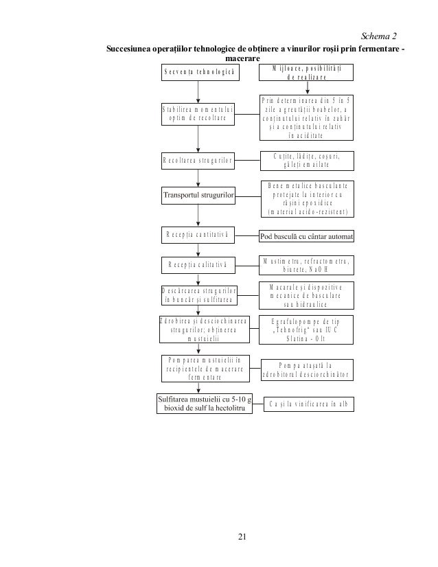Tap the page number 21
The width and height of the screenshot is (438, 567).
pos(240,535)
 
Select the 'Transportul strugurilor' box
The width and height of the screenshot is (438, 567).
pos(198,196)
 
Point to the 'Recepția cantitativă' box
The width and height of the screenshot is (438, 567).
pos(198,235)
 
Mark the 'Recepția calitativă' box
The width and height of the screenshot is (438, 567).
pos(198,264)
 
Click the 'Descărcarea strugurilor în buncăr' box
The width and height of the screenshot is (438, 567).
pos(198,294)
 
